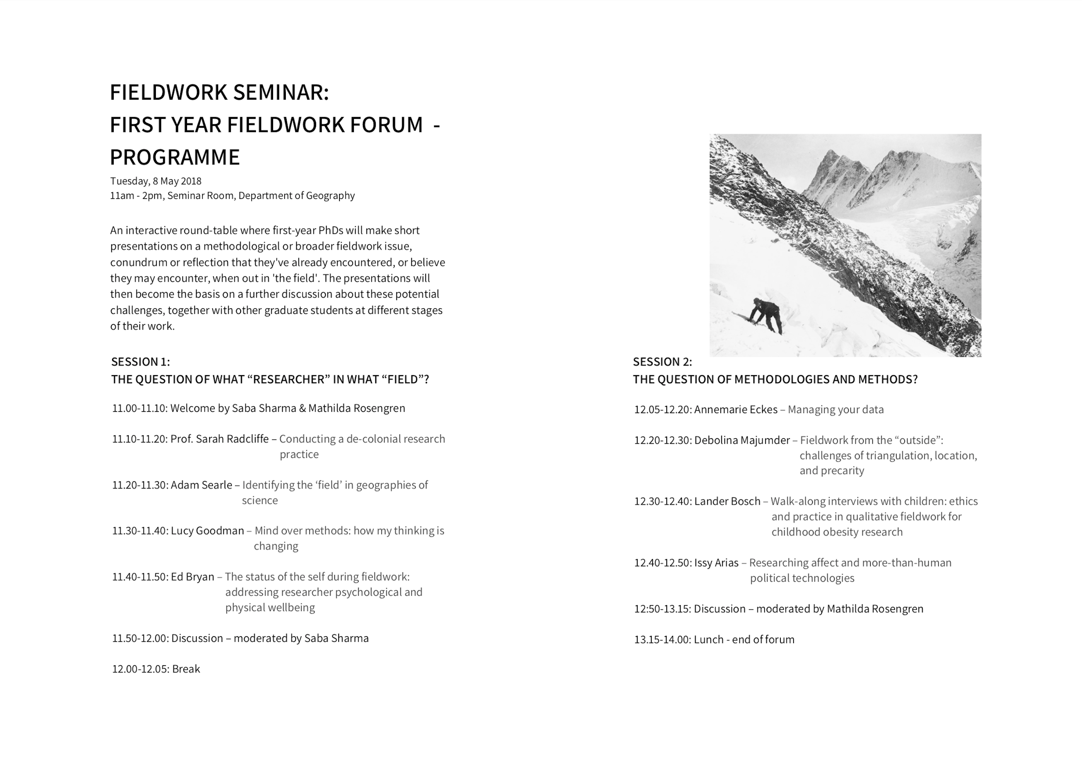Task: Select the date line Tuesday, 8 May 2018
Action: [155, 181]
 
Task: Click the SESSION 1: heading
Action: [141, 362]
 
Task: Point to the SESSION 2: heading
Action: [662, 362]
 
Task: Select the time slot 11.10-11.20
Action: [139, 439]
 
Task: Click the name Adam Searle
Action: [201, 485]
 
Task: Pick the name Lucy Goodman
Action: [207, 531]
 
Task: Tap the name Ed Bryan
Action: [192, 577]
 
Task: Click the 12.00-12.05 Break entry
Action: [156, 669]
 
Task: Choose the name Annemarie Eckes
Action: [736, 410]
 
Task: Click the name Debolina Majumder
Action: [742, 440]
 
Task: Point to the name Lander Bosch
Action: [727, 502]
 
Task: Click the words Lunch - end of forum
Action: [744, 640]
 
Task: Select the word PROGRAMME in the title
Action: [175, 157]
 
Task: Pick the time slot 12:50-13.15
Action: [662, 609]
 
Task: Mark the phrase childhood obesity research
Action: [837, 532]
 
